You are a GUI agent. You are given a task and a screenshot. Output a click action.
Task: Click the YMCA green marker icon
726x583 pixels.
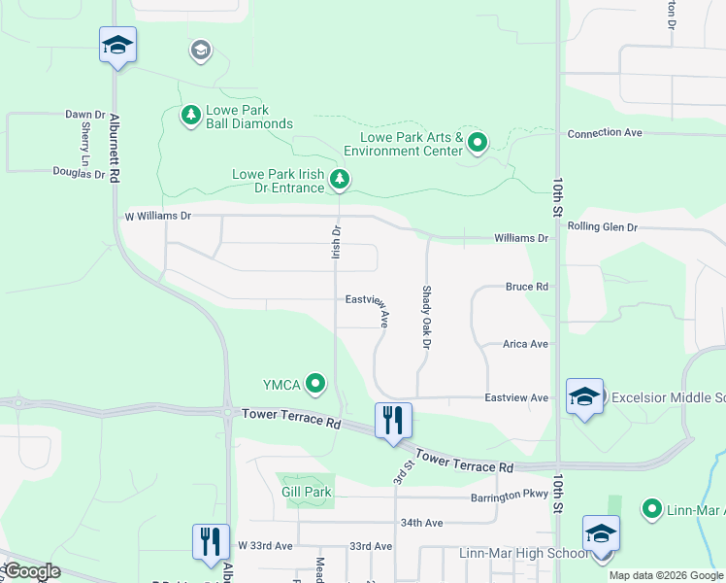point(315,385)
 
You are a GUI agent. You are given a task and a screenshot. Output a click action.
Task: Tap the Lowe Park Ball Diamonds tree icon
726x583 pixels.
point(191,117)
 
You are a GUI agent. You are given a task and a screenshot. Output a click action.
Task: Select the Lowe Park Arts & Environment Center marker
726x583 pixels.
point(478,144)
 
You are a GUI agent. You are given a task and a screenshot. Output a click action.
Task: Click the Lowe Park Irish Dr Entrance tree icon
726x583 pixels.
point(339,179)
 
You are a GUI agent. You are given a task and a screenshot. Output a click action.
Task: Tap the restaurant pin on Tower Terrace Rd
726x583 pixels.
point(393,421)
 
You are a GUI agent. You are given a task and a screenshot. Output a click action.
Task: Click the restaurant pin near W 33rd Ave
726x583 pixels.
point(211,541)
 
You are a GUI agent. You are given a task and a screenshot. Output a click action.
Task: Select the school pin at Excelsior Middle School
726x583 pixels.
point(584,396)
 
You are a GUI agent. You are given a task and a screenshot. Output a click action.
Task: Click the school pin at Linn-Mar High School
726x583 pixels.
point(601,533)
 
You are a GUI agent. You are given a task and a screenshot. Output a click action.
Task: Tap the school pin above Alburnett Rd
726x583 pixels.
point(117,45)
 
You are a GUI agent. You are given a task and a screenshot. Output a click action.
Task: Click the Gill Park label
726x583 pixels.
point(307,492)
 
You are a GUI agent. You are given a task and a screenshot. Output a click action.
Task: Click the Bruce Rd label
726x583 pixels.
point(526,288)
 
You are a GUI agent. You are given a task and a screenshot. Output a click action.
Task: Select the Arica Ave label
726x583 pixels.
point(525,344)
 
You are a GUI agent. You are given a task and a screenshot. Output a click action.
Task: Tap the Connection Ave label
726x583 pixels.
point(606,133)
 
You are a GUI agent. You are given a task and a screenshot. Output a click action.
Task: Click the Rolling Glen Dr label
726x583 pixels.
point(602,227)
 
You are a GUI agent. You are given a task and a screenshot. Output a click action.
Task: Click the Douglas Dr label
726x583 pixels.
point(78,174)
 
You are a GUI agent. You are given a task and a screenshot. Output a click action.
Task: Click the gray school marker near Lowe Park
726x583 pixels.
point(201,51)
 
